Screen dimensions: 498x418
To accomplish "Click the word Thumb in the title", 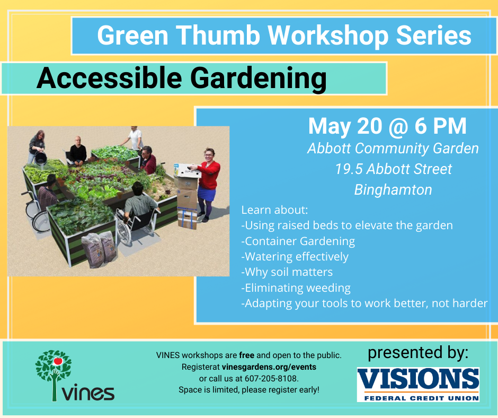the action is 218,36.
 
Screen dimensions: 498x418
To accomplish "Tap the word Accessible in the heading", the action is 109,78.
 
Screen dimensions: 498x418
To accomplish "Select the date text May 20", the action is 345,127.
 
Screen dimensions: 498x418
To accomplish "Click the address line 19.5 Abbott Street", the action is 393,169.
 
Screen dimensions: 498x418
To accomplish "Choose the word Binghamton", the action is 393,190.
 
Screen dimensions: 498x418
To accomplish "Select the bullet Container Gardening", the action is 298,241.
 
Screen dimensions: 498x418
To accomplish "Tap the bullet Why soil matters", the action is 287,272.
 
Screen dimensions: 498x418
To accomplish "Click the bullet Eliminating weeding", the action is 296,288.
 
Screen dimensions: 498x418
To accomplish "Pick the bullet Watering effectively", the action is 295,257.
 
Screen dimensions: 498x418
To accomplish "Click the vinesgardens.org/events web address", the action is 269,367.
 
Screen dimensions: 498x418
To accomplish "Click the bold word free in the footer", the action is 247,355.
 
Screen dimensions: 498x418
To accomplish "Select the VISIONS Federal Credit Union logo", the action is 418,385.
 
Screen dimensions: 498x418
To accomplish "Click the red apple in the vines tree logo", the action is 58,361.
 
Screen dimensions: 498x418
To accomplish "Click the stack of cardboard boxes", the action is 186,196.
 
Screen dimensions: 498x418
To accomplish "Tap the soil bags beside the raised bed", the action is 99,249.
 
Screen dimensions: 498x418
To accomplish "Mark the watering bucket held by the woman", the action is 41,158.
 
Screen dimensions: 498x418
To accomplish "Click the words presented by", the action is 418,353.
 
